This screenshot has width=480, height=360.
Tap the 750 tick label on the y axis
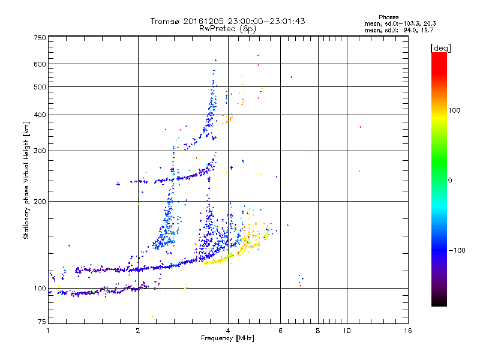click(40, 37)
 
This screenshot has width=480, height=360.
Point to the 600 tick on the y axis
click(40, 64)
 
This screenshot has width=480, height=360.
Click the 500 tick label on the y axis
click(40, 86)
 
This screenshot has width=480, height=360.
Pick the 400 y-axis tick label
click(40, 115)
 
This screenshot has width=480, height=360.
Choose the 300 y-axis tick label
click(40, 151)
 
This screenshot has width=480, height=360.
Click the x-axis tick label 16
click(408, 331)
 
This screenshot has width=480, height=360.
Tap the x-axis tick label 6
click(280, 331)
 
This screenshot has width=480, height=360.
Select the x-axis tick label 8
click(318, 331)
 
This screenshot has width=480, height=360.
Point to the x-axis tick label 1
click(48, 331)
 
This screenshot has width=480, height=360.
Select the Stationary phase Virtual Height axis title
click(26, 180)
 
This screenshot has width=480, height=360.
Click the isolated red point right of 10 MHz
click(360, 127)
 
